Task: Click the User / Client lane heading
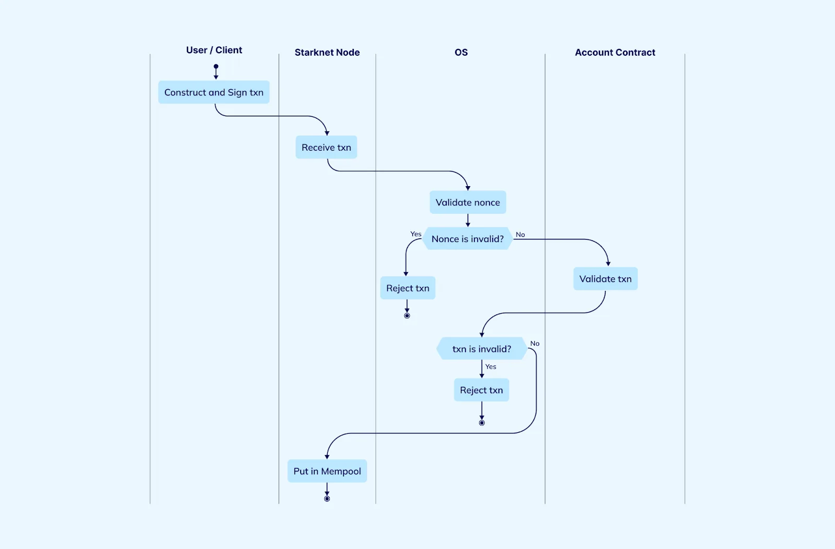(x=214, y=50)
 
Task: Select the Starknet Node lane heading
(x=327, y=53)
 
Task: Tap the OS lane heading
(x=461, y=53)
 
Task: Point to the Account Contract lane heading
(x=615, y=53)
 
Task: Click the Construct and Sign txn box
(x=213, y=92)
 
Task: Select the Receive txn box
(x=326, y=147)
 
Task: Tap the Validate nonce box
(x=468, y=202)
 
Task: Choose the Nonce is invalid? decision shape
(x=468, y=238)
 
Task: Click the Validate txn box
(x=605, y=278)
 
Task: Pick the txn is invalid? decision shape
(x=482, y=349)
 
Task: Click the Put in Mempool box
(x=327, y=471)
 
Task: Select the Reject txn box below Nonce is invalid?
(x=408, y=288)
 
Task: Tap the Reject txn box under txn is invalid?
(x=481, y=390)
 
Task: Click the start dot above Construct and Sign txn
(x=216, y=66)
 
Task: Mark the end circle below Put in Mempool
(x=327, y=499)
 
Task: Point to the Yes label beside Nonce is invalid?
(x=415, y=234)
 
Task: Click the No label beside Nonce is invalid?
(x=520, y=235)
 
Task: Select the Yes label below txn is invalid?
(x=491, y=367)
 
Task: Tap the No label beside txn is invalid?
(x=534, y=344)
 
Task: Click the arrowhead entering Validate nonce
(x=468, y=188)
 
